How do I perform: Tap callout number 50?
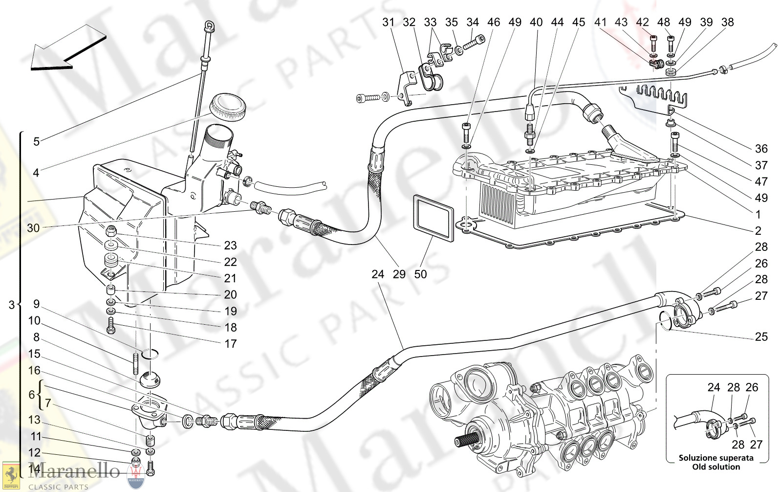tap(420, 274)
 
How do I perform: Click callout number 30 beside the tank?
tap(33, 228)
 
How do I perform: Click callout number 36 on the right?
tap(761, 149)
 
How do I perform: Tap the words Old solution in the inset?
tap(716, 467)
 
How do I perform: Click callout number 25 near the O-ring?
tap(761, 336)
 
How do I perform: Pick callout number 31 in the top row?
tap(388, 22)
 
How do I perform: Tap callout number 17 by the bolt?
tap(230, 344)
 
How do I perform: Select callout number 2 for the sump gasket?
tap(758, 231)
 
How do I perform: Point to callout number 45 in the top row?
tap(578, 22)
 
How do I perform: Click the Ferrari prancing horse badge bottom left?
tap(11, 475)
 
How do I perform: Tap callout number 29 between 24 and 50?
tap(399, 274)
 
